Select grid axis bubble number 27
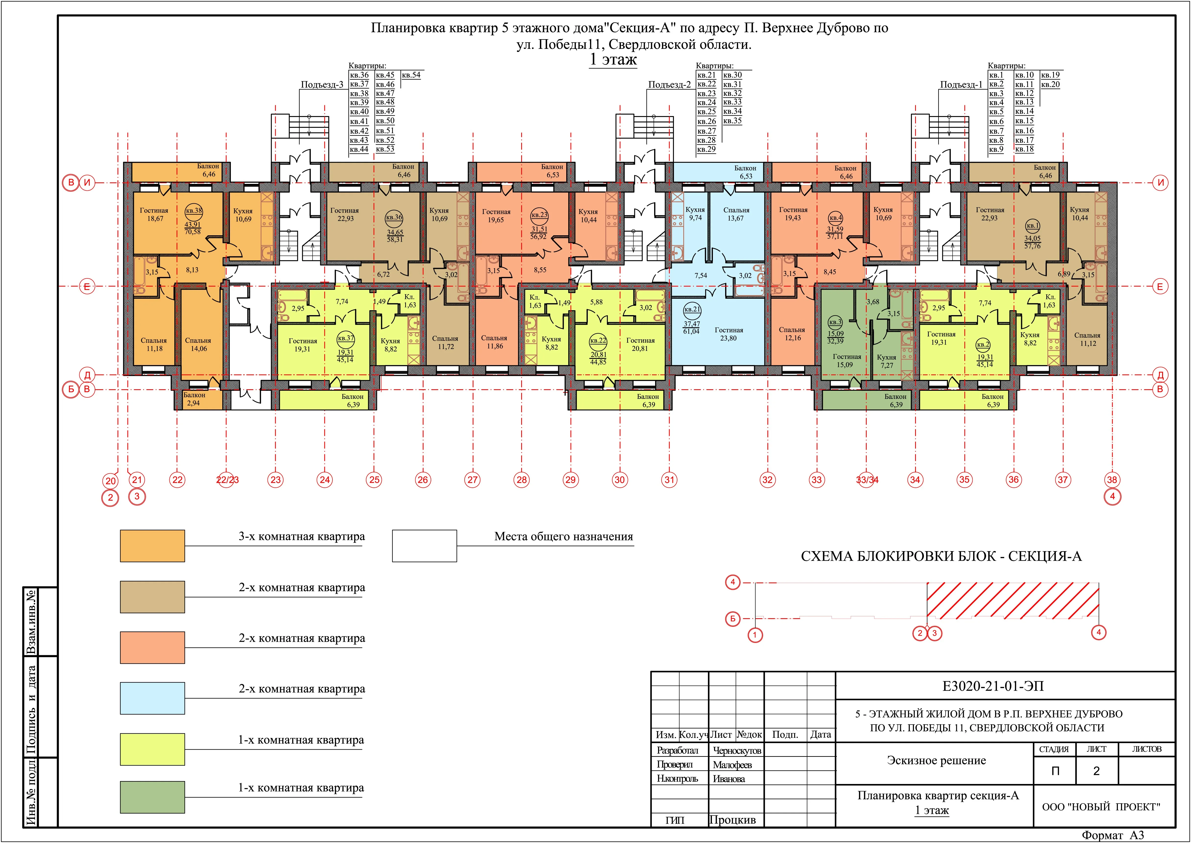tap(472, 480)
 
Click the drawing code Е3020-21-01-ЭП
tap(993, 686)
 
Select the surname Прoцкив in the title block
tap(733, 820)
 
